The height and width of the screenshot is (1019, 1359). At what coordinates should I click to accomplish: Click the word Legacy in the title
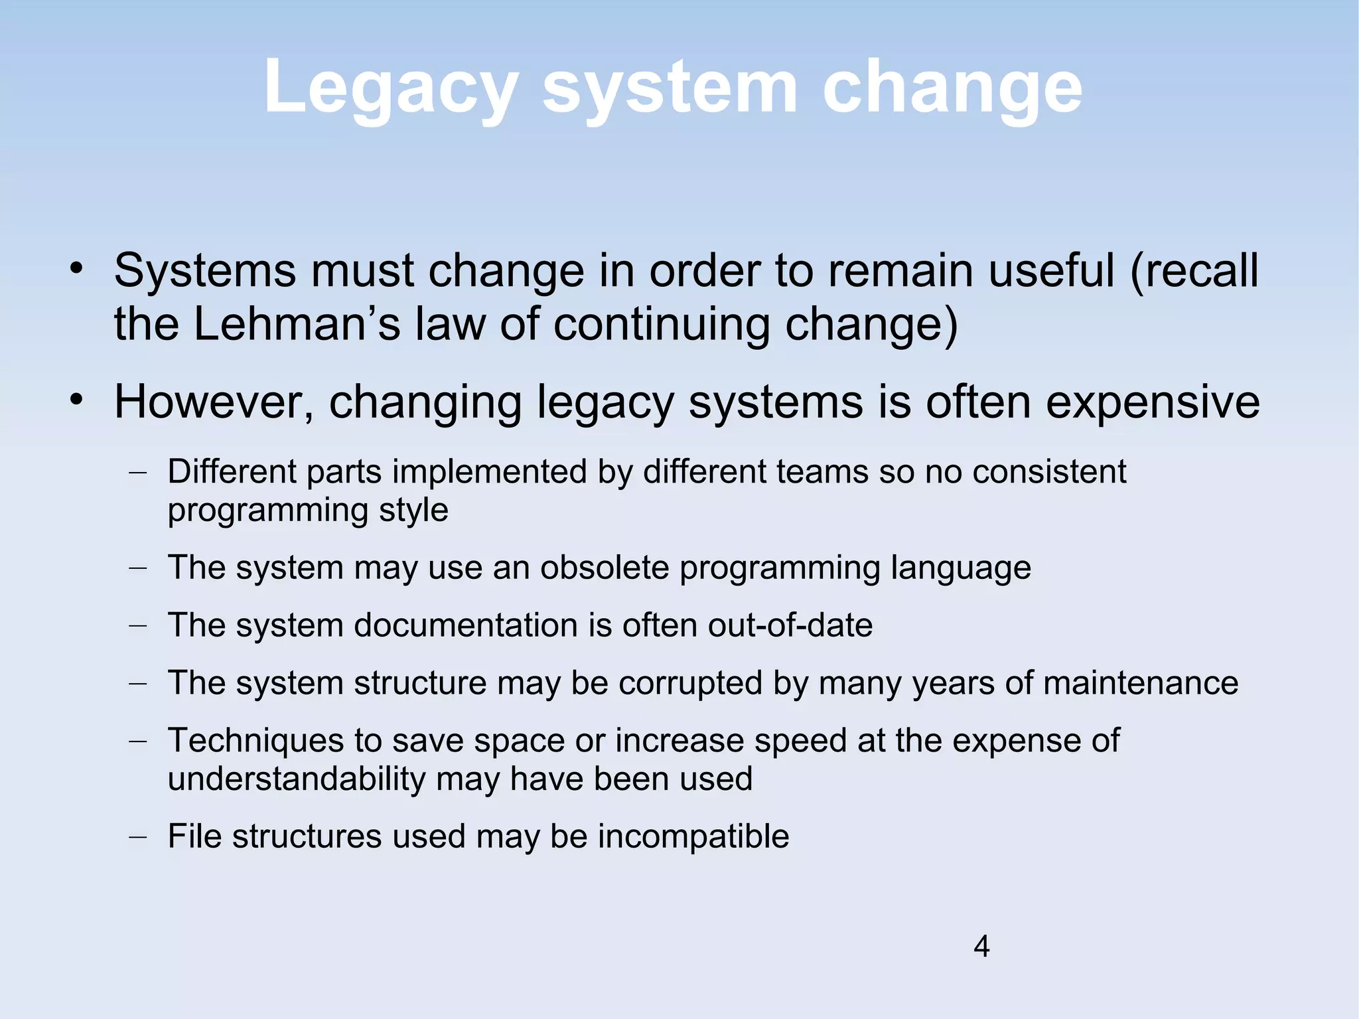390,88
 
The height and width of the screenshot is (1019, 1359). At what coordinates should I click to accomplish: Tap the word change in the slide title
952,88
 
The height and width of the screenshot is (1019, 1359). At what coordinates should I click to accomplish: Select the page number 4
981,946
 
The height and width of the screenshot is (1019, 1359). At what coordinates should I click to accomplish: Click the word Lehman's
297,325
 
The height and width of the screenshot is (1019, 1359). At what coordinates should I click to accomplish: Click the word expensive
1153,402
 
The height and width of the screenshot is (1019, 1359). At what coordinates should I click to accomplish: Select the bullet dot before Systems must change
77,269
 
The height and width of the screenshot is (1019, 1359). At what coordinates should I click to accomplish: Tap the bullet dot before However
77,400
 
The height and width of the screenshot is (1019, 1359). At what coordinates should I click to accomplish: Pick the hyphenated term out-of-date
790,625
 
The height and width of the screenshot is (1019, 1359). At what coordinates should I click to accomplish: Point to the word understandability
296,779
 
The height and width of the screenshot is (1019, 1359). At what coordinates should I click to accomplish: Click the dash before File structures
137,837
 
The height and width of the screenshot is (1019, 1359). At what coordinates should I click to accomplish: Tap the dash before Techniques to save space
137,742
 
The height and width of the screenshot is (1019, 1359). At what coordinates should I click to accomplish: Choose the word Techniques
256,741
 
